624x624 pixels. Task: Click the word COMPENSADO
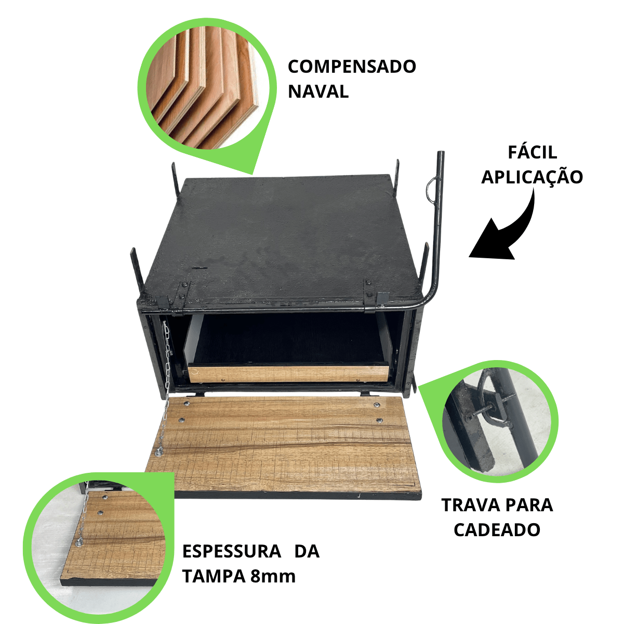click(352, 67)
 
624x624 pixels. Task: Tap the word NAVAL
click(318, 91)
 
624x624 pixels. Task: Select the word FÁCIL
click(533, 152)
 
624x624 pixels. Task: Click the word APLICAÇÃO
click(532, 178)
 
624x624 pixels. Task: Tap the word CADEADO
click(497, 530)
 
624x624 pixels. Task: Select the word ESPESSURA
click(232, 551)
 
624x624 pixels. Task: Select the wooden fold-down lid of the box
click(283, 447)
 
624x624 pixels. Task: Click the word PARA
click(528, 505)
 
